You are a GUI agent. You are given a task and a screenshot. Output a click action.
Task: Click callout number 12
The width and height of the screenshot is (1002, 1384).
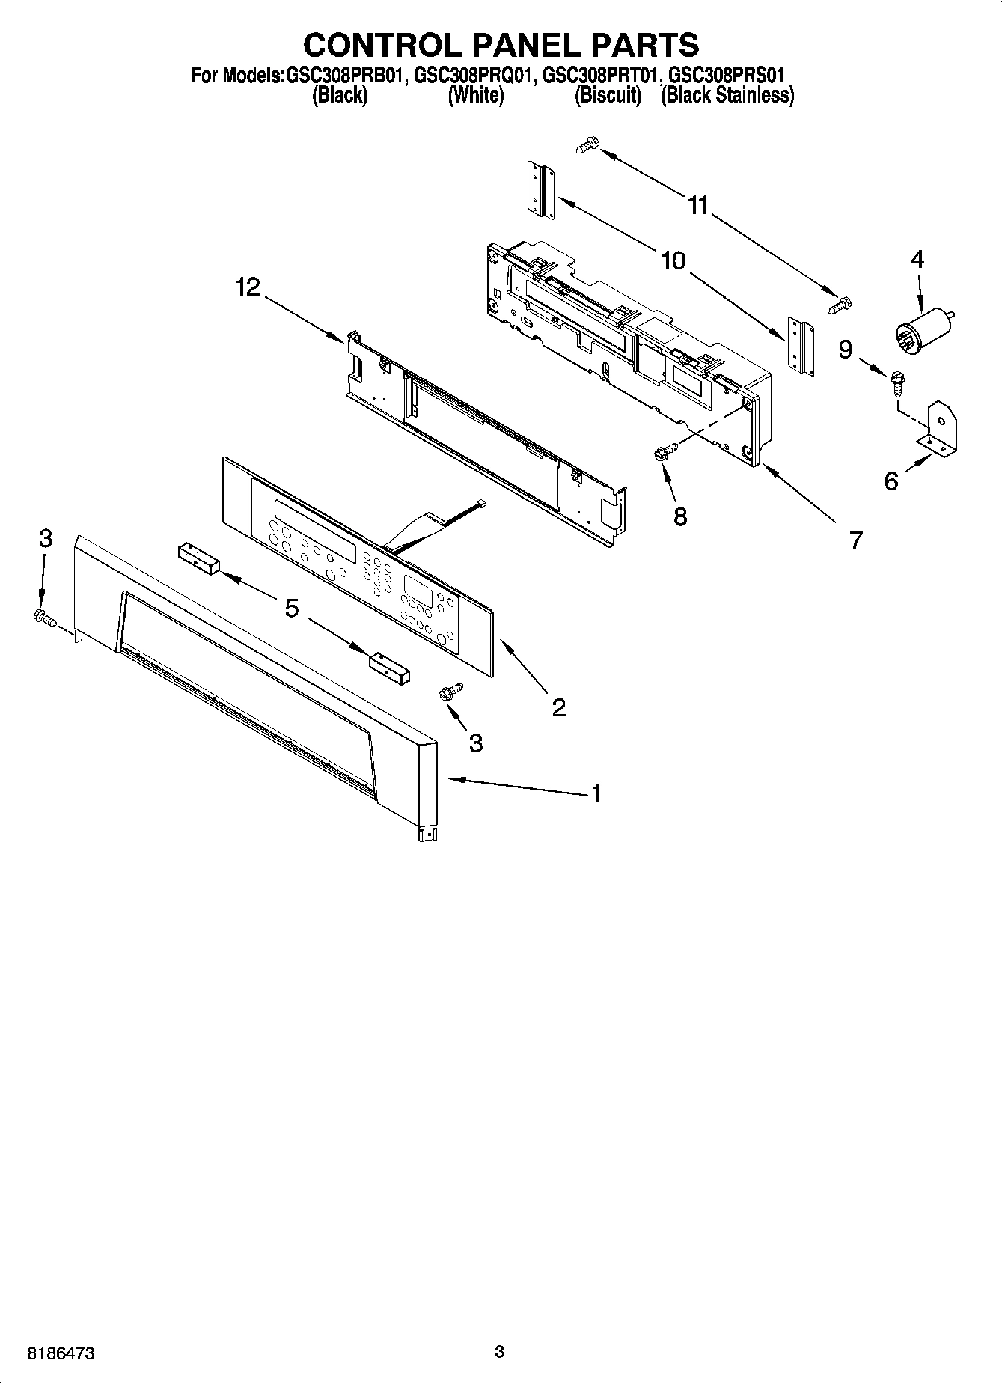[x=248, y=287]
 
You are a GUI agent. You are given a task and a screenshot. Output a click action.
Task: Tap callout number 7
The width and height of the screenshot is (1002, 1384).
[x=855, y=540]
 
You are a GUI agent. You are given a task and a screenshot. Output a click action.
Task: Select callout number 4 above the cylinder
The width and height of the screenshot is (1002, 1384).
[x=917, y=260]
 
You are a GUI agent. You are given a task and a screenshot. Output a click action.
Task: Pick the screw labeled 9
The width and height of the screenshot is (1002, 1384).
[x=895, y=382]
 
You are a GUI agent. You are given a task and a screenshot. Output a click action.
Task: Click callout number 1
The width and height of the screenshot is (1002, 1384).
[x=596, y=793]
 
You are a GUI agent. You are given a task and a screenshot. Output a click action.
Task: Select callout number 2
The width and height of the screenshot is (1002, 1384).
[x=559, y=707]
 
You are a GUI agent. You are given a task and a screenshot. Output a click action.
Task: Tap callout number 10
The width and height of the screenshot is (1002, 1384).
[x=673, y=260]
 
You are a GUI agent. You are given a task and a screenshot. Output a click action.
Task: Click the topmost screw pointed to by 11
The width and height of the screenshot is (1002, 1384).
[x=589, y=144]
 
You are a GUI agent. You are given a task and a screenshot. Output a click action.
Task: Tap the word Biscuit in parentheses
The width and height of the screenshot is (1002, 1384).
[x=608, y=96]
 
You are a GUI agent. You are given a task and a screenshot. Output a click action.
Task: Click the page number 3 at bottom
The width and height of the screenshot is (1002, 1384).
[x=499, y=1351]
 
